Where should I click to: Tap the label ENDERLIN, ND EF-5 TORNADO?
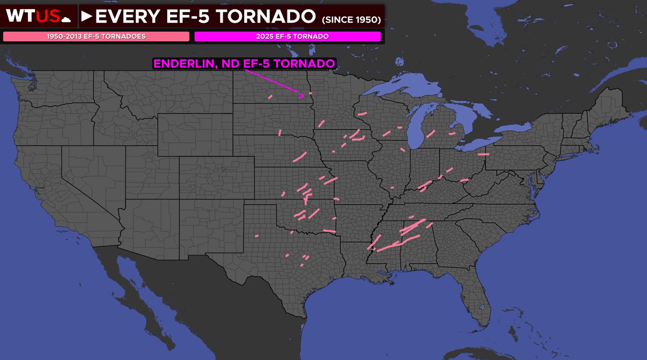244,63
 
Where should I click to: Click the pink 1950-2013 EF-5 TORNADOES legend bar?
97,37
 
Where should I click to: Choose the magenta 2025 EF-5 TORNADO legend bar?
287,37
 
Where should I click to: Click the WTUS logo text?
33,17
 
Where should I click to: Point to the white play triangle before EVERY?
86,17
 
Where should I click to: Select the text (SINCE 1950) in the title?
351,19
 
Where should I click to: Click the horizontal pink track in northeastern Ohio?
483,154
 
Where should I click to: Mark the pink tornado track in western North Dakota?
270,97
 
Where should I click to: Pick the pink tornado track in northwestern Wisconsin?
361,113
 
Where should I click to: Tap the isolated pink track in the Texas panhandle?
257,236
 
